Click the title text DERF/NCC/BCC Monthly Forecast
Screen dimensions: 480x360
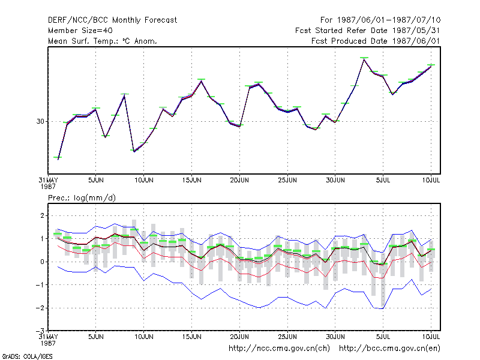pyautogui.click(x=112, y=20)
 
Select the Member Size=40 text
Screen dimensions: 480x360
pyautogui.click(x=80, y=31)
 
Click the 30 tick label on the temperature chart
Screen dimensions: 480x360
pyautogui.click(x=40, y=122)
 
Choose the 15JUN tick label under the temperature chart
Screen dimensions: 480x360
pyautogui.click(x=191, y=180)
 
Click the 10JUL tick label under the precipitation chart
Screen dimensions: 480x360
pyautogui.click(x=431, y=337)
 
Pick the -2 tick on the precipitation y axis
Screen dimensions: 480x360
pyautogui.click(x=40, y=308)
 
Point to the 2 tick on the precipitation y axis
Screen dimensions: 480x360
pyautogui.click(x=42, y=215)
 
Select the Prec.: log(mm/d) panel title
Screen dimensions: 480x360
pyautogui.click(x=82, y=198)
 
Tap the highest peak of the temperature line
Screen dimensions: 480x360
pyautogui.click(x=364, y=59)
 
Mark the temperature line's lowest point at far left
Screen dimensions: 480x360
pyautogui.click(x=58, y=159)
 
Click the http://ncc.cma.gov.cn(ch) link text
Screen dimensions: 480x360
pyautogui.click(x=279, y=349)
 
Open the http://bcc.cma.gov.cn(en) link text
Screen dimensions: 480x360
pyautogui.click(x=389, y=349)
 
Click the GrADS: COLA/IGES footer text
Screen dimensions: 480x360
pyautogui.click(x=27, y=356)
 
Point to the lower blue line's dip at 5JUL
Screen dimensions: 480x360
pyautogui.click(x=382, y=308)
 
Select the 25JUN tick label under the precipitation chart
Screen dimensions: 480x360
pyautogui.click(x=287, y=337)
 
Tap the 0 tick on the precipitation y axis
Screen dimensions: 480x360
pyautogui.click(x=42, y=262)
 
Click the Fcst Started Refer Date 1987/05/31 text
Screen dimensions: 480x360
pyautogui.click(x=368, y=31)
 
